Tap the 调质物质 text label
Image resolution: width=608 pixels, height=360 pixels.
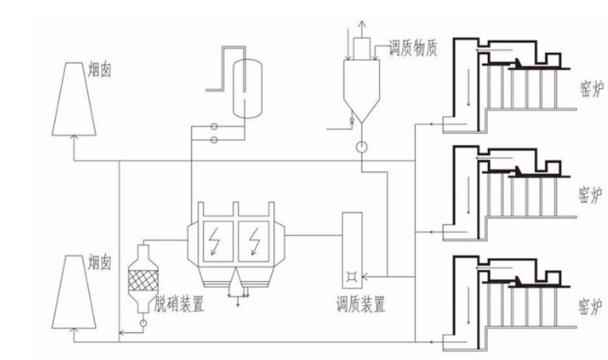(413, 49)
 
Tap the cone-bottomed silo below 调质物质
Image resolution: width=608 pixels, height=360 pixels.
(364, 85)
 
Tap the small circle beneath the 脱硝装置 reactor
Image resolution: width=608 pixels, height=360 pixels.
(143, 320)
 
